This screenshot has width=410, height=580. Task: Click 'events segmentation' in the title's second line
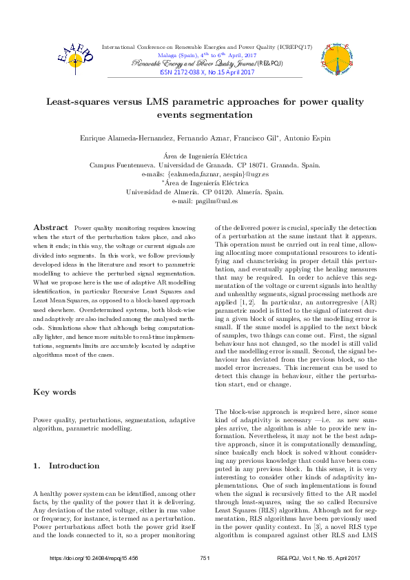pos(205,115)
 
